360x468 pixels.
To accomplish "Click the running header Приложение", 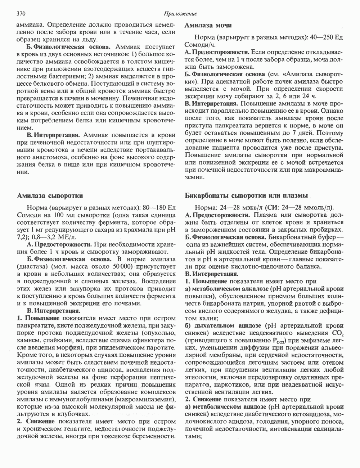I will [180, 14].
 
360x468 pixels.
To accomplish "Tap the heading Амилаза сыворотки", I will [50, 195].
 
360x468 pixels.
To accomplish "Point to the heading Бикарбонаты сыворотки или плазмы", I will [246, 195].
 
